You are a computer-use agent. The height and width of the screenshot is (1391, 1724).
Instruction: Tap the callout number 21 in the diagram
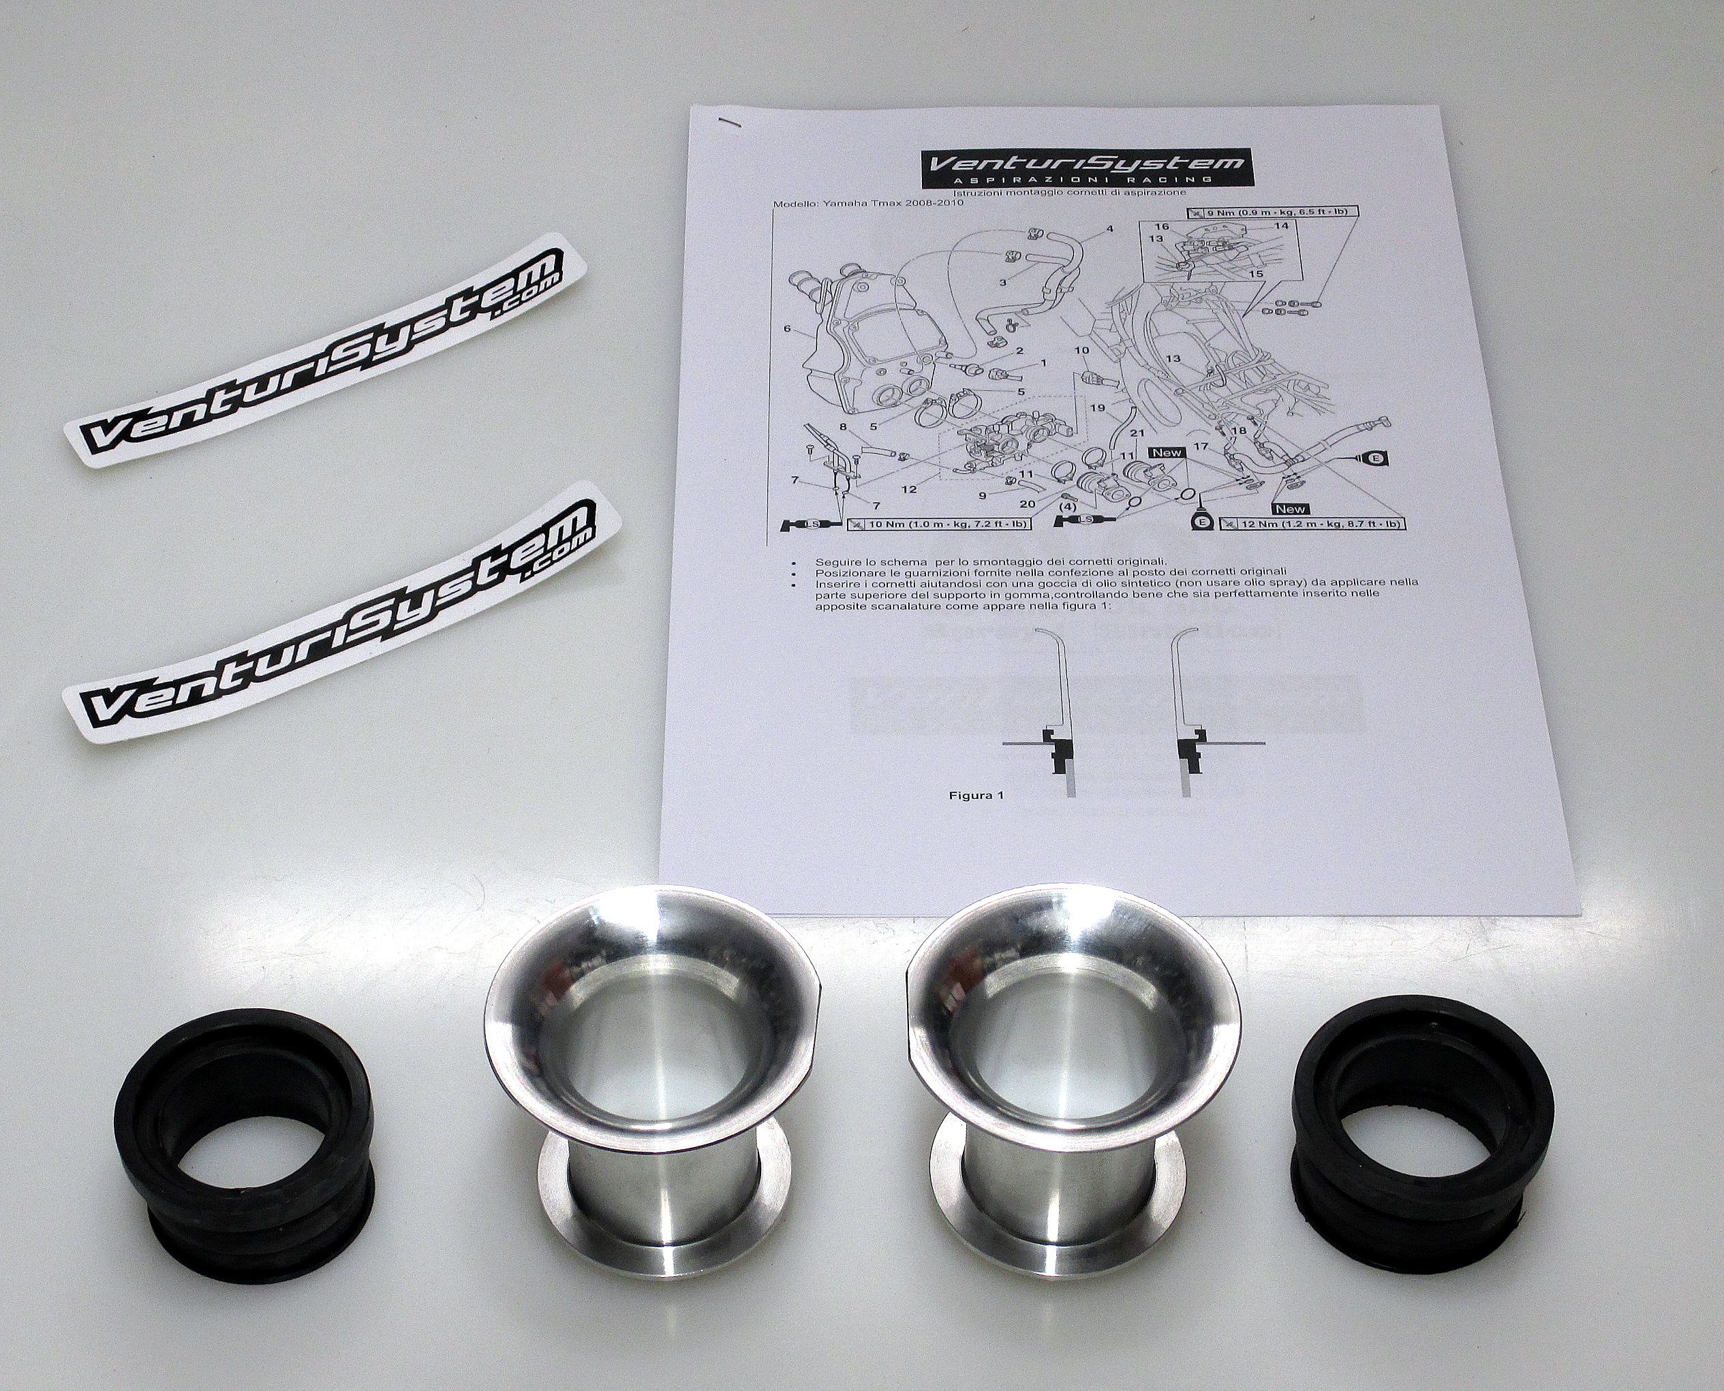pos(1137,433)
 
